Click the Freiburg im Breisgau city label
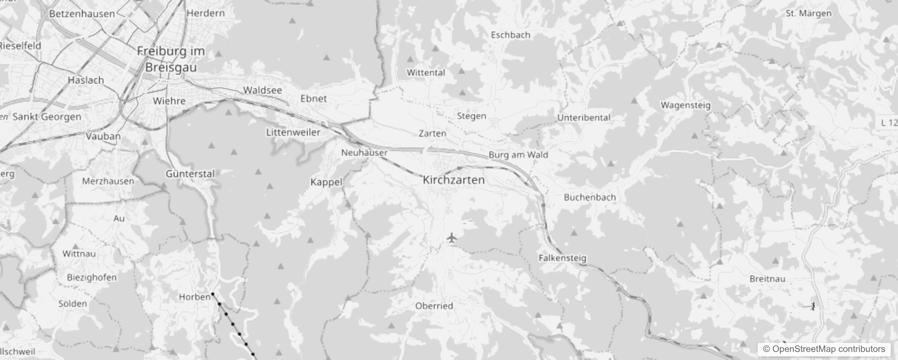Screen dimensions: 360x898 tap(171, 59)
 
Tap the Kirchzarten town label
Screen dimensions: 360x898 tap(453, 180)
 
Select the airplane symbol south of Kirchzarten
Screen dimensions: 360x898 tap(452, 238)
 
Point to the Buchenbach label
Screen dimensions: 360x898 tap(589, 197)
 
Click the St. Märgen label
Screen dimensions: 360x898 tap(808, 13)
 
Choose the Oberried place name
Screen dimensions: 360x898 tap(434, 306)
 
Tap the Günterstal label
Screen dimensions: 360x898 tap(190, 174)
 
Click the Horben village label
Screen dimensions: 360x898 tap(194, 297)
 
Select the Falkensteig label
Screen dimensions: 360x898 tap(562, 258)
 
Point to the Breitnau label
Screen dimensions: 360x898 tap(767, 279)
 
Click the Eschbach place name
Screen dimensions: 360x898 tap(510, 35)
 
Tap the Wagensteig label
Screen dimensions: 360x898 tap(685, 105)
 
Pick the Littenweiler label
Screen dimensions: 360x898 tap(293, 132)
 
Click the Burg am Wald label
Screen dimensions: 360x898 tap(518, 155)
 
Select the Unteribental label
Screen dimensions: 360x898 tap(584, 118)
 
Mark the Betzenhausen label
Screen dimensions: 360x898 tap(82, 13)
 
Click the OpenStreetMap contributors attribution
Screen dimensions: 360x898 tap(823, 349)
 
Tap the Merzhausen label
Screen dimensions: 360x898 tap(108, 181)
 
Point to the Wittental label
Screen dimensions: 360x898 tap(426, 72)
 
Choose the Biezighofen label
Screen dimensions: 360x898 tap(92, 277)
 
